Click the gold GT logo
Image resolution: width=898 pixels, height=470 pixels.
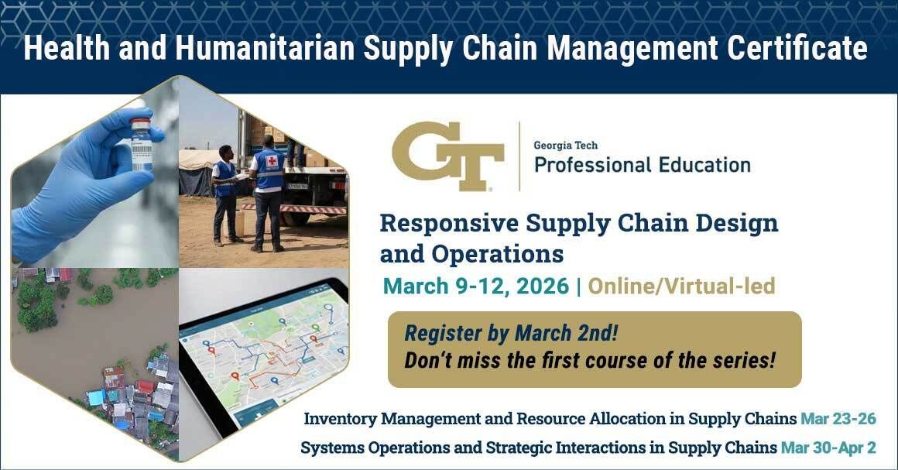point(447,156)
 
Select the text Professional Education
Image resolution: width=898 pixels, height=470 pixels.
point(642,164)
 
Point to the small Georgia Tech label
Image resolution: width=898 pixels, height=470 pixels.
point(565,145)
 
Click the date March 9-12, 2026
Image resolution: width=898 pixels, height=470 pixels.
point(476,286)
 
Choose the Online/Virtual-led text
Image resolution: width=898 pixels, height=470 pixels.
point(681,286)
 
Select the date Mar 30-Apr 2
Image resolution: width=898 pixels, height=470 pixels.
point(828,448)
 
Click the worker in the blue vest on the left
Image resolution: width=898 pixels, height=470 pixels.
point(224,194)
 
